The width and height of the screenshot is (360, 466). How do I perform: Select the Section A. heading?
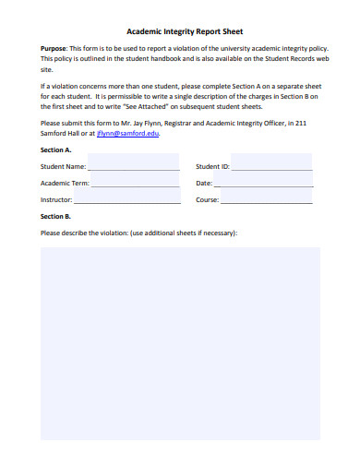tap(56, 149)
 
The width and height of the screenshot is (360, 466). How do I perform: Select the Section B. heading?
tap(56, 216)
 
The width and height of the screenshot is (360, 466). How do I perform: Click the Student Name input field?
tap(134, 166)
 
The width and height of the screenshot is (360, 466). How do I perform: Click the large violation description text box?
tap(179, 351)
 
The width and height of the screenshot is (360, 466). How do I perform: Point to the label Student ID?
tap(212, 167)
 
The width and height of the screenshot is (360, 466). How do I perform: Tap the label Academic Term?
tap(65, 184)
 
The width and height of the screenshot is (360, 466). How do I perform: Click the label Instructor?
tap(56, 200)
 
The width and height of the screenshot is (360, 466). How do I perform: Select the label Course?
tap(207, 200)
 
